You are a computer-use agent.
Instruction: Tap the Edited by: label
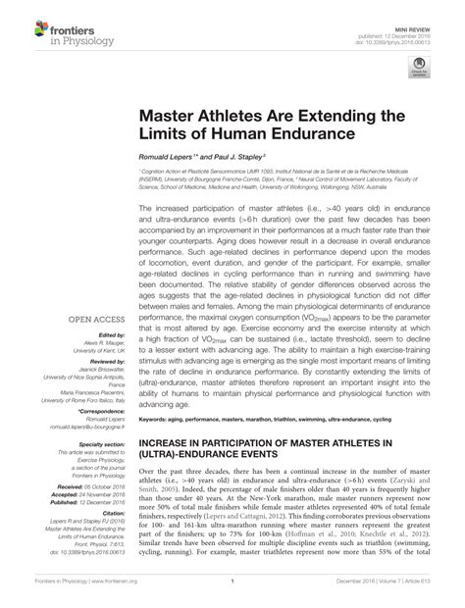point(113,335)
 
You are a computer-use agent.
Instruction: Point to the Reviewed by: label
point(109,362)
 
